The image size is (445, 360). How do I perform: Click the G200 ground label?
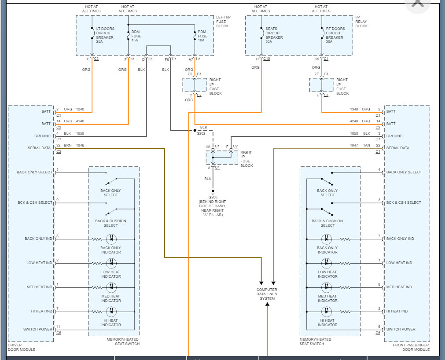coord(213,197)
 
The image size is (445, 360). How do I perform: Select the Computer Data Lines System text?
coord(267,294)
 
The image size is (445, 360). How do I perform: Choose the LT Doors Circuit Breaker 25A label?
coord(105,35)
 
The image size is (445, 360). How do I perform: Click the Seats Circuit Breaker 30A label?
coord(274,35)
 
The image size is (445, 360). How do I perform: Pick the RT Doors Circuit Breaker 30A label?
coord(335,35)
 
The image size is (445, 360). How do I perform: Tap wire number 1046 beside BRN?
coord(80,145)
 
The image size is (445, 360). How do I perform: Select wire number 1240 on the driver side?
coord(80,109)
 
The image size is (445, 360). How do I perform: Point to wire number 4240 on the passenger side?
coord(354,121)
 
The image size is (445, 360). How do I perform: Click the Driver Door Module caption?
coord(22,347)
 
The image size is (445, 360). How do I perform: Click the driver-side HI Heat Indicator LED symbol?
coord(111,312)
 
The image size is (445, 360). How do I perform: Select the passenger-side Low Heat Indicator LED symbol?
coord(327,263)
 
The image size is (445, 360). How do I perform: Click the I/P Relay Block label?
coord(362,22)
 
